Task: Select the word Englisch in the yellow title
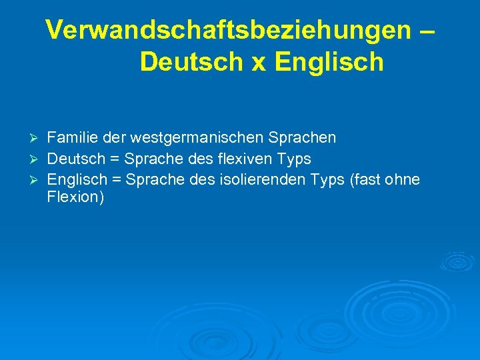pos(329,62)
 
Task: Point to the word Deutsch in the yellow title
pos(189,62)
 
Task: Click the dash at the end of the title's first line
pos(427,30)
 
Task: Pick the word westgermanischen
pos(197,138)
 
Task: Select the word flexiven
pos(233,159)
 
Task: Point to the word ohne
pos(402,181)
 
